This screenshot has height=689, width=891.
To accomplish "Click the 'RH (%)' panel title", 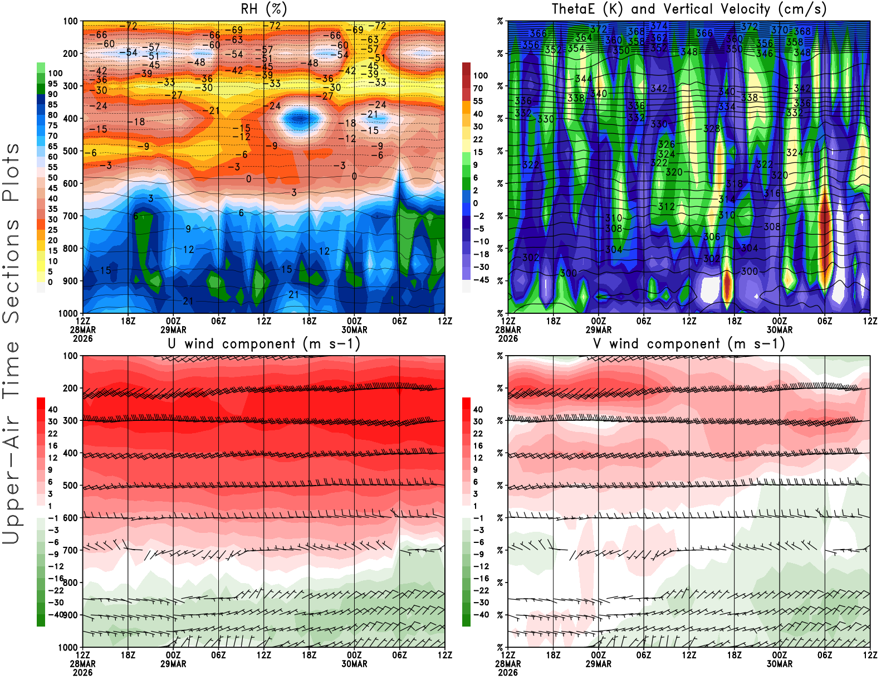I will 263,9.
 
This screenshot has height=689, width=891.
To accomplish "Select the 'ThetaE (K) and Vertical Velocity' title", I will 689,9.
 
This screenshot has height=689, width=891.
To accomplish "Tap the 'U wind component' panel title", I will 263,343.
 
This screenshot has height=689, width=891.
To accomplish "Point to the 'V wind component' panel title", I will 689,343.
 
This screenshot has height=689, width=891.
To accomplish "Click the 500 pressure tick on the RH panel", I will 70,151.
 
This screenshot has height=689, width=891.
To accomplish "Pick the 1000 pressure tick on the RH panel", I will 68,313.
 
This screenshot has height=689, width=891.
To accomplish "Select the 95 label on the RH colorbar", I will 52,84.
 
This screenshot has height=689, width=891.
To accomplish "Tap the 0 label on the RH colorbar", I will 50,282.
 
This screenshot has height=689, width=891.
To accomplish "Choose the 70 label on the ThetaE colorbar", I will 478,88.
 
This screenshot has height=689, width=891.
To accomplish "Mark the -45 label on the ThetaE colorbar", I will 481,280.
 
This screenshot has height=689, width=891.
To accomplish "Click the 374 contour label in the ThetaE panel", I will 659,26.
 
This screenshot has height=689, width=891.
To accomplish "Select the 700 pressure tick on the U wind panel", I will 70,550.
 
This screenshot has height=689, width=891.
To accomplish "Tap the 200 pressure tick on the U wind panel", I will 70,388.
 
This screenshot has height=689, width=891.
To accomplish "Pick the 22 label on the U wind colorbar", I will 52,434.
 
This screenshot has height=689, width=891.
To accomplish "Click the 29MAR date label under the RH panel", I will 173,329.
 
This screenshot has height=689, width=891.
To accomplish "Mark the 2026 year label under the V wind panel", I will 508,672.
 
